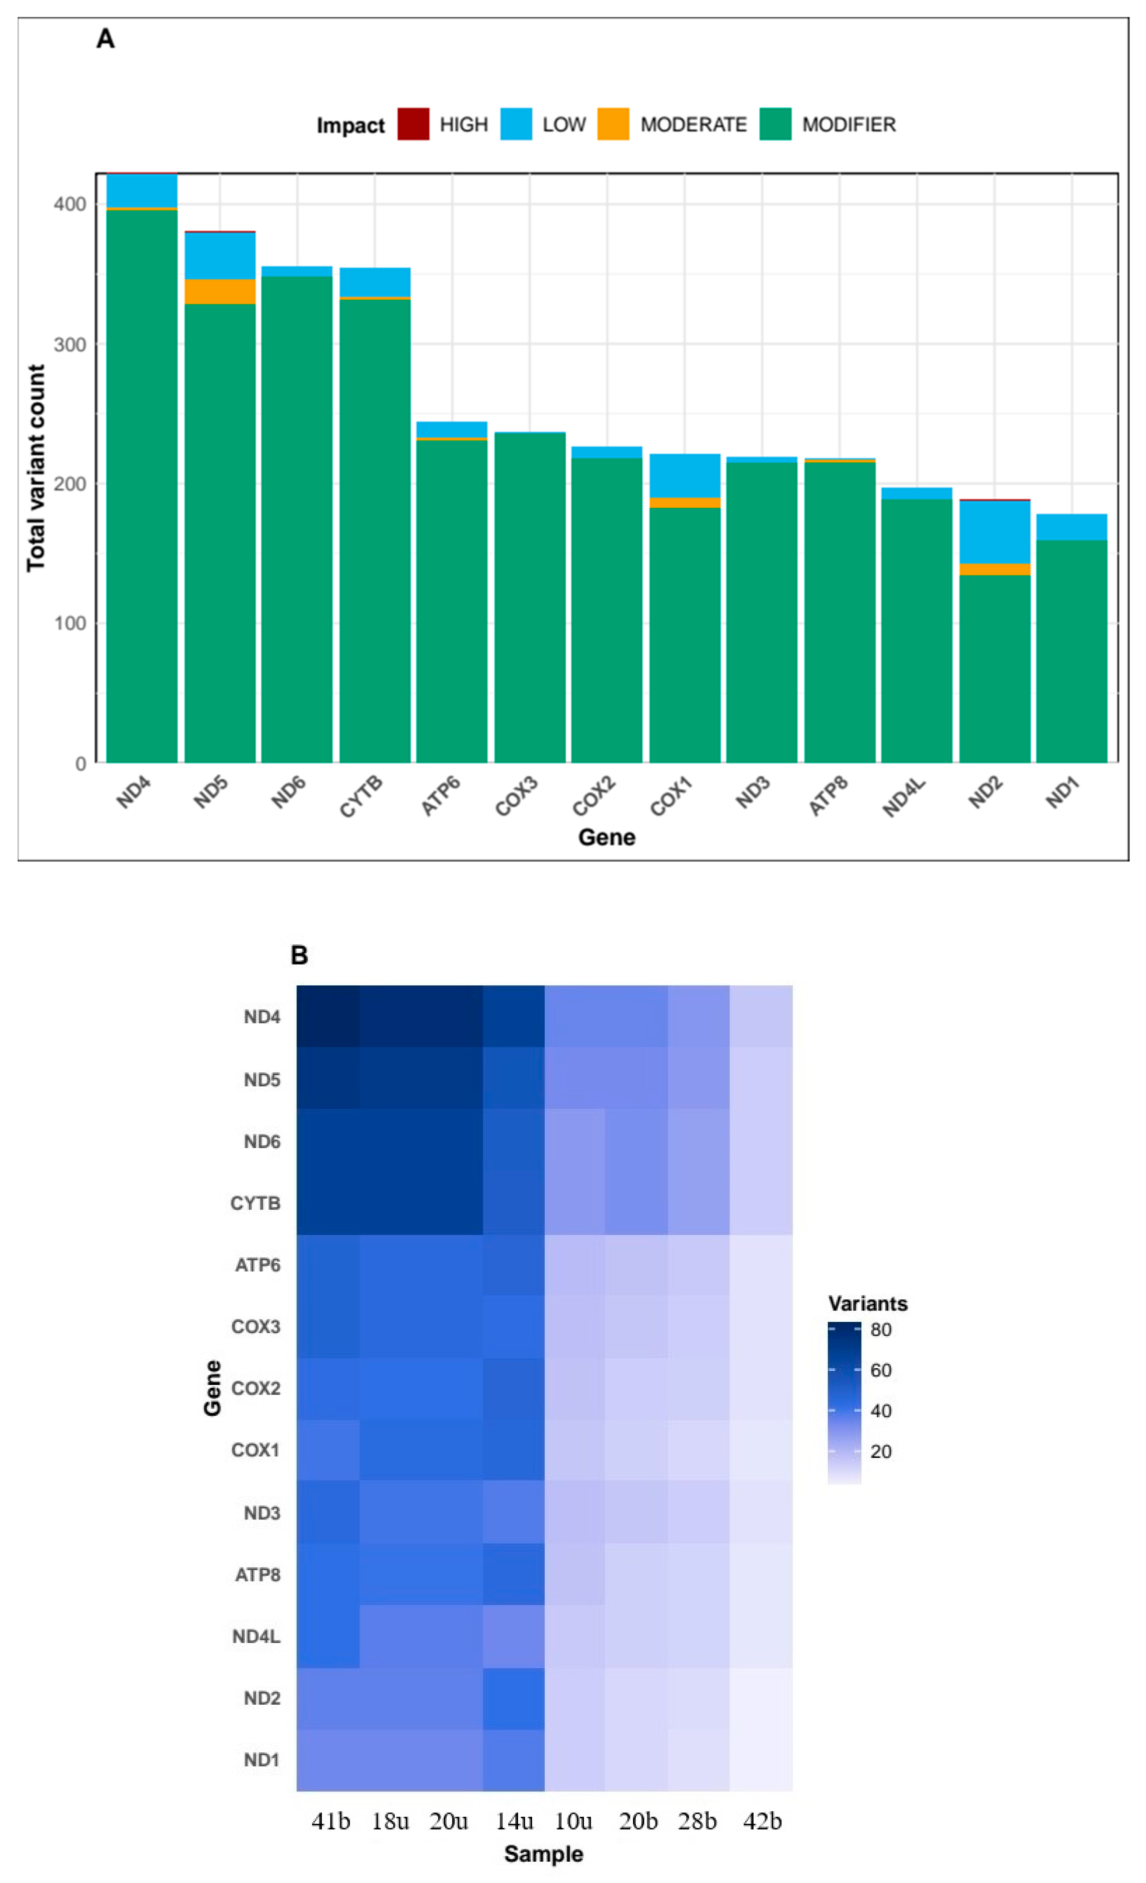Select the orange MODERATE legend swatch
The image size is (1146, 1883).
point(613,124)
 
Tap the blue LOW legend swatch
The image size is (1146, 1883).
point(516,124)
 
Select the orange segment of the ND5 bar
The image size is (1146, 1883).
point(220,291)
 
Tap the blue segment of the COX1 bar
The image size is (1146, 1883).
point(685,475)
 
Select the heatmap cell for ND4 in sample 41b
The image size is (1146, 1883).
point(328,1016)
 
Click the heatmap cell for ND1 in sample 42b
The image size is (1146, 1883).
point(761,1759)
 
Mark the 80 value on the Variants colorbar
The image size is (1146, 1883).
point(881,1330)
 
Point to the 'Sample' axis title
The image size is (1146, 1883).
point(543,1854)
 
